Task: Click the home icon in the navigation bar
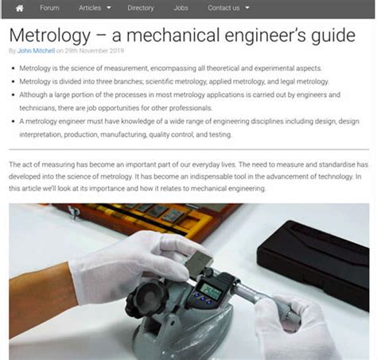tap(19, 8)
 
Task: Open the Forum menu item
tap(49, 8)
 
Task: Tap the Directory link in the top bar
tap(141, 8)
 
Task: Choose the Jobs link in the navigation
tap(181, 8)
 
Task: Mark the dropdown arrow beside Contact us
tap(247, 8)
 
